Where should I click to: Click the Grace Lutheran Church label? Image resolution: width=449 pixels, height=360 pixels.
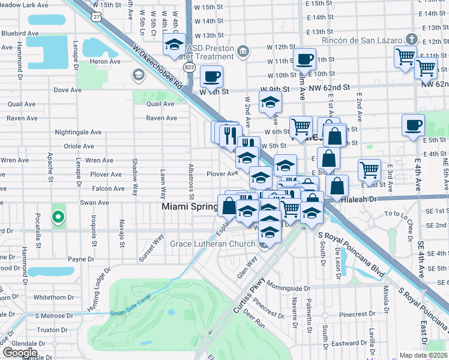213,244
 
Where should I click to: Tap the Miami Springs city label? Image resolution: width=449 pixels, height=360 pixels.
190,206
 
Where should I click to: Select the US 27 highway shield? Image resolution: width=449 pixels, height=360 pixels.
97,17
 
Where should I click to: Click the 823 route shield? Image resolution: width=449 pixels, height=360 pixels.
189,68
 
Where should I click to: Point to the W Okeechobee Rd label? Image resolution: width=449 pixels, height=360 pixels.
158,66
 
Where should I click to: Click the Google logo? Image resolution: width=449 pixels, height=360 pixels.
20,353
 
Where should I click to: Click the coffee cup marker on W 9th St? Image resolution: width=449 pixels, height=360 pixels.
212,77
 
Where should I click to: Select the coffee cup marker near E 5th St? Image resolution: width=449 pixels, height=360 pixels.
413,125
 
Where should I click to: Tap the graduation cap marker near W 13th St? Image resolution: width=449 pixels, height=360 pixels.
175,44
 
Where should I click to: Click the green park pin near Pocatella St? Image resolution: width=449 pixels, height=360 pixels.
58,217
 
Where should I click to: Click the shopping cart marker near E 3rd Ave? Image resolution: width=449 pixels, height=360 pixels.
369,169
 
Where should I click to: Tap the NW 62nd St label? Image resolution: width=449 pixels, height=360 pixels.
330,87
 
